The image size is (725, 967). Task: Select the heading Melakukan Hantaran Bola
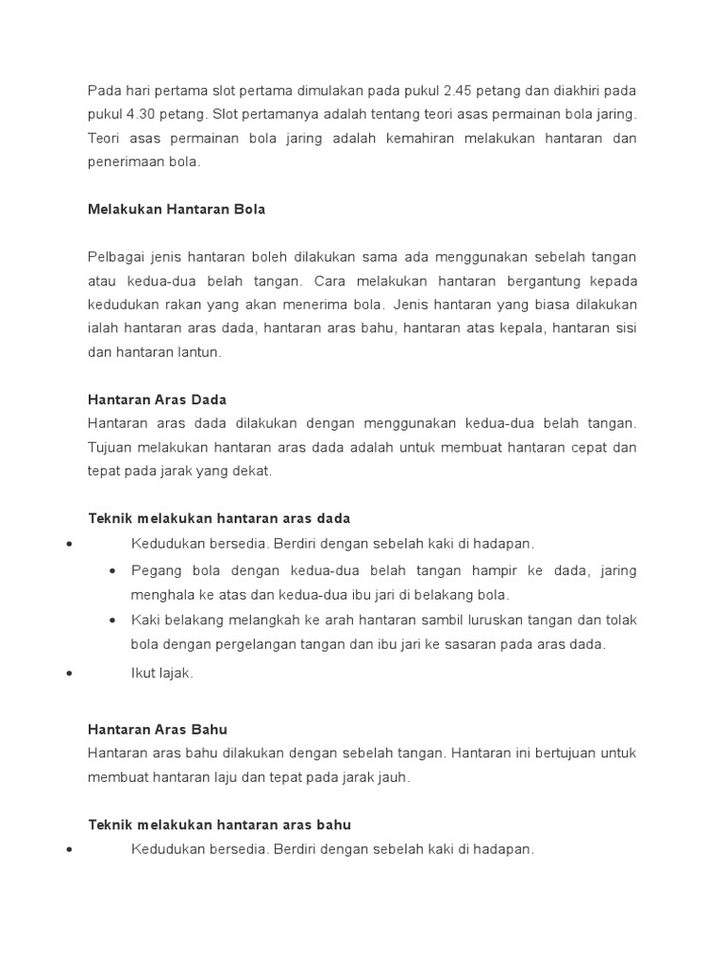[x=177, y=209]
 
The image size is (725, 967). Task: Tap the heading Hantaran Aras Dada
[x=157, y=399]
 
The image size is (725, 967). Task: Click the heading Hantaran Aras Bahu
[x=158, y=729]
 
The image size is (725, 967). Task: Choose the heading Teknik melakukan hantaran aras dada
[x=219, y=517]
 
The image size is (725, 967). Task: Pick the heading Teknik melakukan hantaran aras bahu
[x=219, y=824]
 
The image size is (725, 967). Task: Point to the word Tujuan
[x=110, y=447]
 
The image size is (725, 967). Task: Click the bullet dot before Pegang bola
[x=113, y=571]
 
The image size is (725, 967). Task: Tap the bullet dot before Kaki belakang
[x=113, y=620]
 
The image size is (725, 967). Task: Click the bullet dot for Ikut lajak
[x=69, y=674]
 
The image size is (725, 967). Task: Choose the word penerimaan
[x=126, y=161]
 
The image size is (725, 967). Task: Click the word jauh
[x=391, y=777]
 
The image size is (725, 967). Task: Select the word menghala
[x=160, y=594]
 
